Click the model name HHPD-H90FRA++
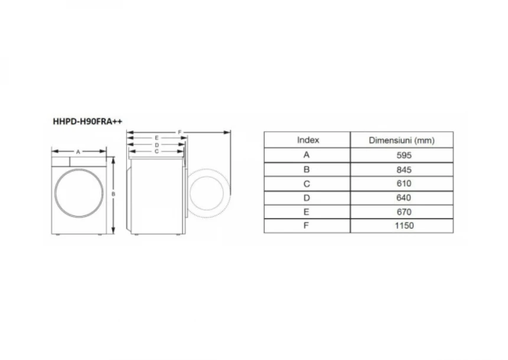pyautogui.click(x=87, y=121)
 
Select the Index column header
pyautogui.click(x=308, y=140)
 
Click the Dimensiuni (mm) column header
pyautogui.click(x=402, y=141)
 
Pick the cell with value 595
pyautogui.click(x=404, y=155)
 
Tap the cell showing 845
pyautogui.click(x=404, y=170)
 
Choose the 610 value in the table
pyautogui.click(x=404, y=184)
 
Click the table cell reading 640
pyautogui.click(x=404, y=198)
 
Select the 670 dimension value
pyautogui.click(x=404, y=212)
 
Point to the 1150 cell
pyautogui.click(x=404, y=226)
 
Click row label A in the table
pyautogui.click(x=307, y=155)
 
